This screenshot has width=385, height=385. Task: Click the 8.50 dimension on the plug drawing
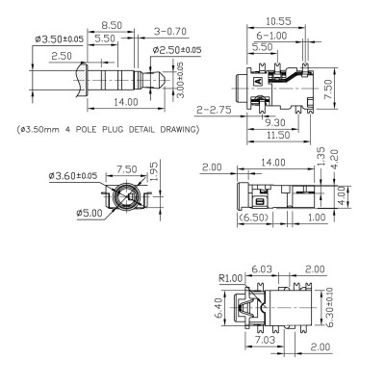112,25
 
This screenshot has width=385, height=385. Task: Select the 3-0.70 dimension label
170,32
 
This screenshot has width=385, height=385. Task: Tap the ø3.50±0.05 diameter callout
60,39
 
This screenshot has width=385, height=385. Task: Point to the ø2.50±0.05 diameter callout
177,50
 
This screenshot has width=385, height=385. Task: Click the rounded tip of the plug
162,79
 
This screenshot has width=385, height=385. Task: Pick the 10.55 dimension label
278,21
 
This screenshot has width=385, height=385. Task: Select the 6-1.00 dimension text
271,36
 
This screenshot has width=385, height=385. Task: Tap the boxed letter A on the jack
258,81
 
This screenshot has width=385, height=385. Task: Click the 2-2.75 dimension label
214,110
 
